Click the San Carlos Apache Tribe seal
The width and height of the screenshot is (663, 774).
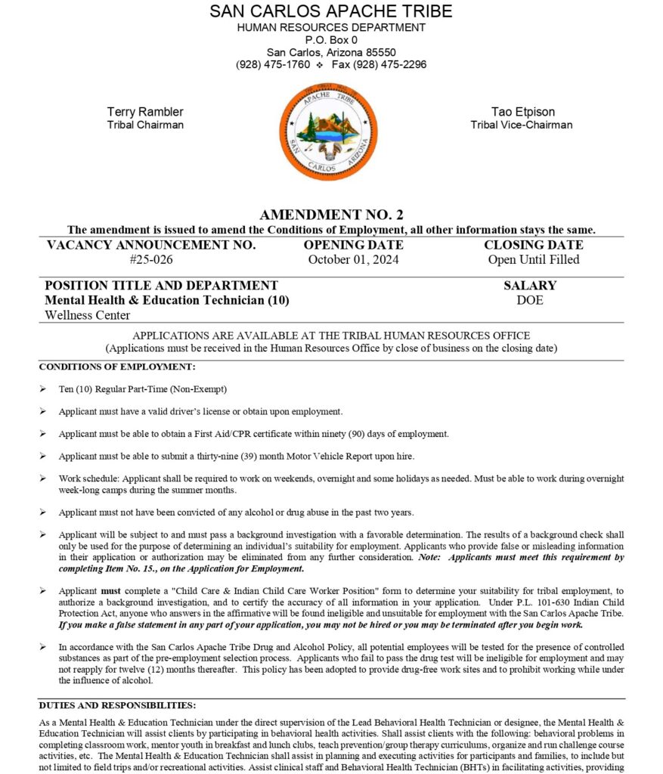point(328,132)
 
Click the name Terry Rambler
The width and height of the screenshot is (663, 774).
point(145,112)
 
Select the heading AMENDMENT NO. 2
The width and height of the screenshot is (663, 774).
point(331,215)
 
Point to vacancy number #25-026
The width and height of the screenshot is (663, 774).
point(151,259)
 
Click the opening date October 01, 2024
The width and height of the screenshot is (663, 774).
point(353,259)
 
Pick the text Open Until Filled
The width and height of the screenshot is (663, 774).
point(534,259)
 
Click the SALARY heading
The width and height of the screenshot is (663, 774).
point(530,286)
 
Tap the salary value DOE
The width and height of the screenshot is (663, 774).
point(530,300)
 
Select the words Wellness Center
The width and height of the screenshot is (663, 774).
point(87,315)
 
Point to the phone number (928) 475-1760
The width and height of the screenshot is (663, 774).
point(273,64)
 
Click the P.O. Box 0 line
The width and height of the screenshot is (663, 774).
point(331,40)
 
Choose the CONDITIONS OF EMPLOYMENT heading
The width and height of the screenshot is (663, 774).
point(117,367)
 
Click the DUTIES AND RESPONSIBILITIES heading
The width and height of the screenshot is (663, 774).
point(117,704)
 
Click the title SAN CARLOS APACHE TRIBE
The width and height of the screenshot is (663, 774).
point(331,11)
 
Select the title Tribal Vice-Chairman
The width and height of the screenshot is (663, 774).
point(521,125)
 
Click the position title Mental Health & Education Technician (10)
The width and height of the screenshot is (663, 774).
point(167,300)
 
